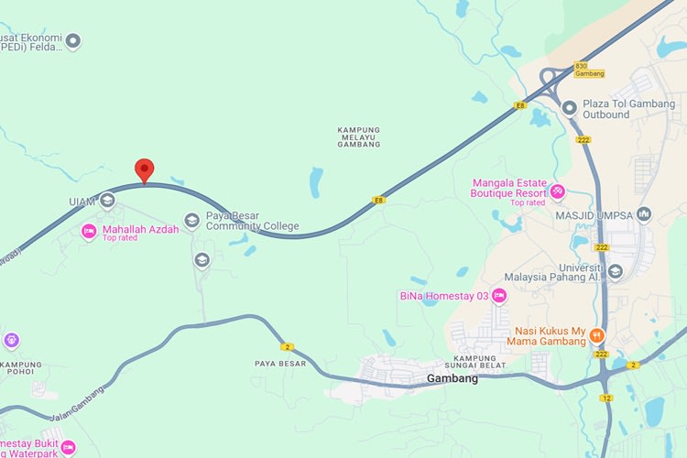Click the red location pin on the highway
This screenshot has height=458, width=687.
(144, 169)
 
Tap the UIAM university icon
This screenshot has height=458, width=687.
(107, 201)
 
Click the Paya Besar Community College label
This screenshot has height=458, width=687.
(252, 221)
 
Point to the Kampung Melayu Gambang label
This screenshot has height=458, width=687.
(358, 137)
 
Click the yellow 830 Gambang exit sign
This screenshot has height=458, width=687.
(582, 70)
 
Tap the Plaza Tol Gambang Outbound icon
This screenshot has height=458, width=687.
(569, 108)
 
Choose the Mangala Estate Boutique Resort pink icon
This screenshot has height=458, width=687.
(557, 191)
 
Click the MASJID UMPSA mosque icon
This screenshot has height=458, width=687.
(644, 215)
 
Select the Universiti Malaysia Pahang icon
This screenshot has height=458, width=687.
(615, 271)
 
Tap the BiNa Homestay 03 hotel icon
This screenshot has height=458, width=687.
(499, 295)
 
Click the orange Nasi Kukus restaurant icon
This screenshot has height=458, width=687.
(597, 335)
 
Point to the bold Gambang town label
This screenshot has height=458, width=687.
(453, 378)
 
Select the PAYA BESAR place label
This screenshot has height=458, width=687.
(280, 364)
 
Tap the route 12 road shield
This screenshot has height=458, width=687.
(606, 398)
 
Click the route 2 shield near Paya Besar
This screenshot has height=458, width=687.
(288, 346)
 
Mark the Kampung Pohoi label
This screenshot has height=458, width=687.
(16, 367)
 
